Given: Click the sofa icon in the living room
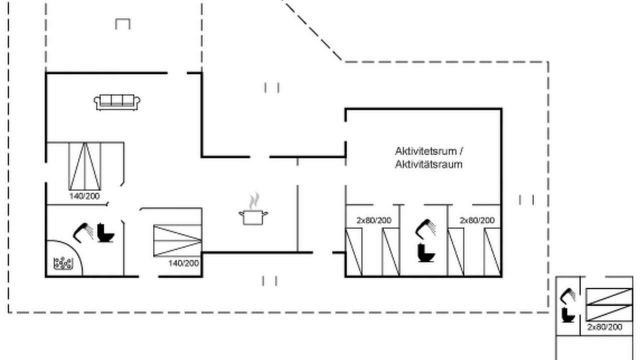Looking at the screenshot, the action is coord(117,102).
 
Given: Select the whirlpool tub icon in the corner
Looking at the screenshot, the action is coord(63,263).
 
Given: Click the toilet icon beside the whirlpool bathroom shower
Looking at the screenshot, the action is coord(105,232).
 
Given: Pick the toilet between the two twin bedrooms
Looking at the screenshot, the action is coord(426,252).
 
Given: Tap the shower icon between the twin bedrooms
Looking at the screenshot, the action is coord(425,228).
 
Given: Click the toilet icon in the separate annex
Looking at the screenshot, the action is coord(567,315).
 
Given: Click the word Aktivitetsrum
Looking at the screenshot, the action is coord(425,151).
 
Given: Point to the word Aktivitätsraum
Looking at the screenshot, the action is coord(428,164).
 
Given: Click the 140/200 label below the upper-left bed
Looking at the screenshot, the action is coord(84,196).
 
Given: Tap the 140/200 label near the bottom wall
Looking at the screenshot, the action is coord(183,263).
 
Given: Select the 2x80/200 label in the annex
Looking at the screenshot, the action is coord(604,327).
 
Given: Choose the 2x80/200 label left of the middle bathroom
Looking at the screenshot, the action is coord(374,220).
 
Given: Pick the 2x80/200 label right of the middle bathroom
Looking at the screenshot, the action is coord(477,220).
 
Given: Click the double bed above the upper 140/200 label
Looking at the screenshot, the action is coord(85,166).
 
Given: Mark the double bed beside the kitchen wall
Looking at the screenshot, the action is coord(177,240).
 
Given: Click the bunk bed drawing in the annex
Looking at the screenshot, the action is coord(609,305).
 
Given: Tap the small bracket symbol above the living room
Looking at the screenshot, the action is coord(123,23).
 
